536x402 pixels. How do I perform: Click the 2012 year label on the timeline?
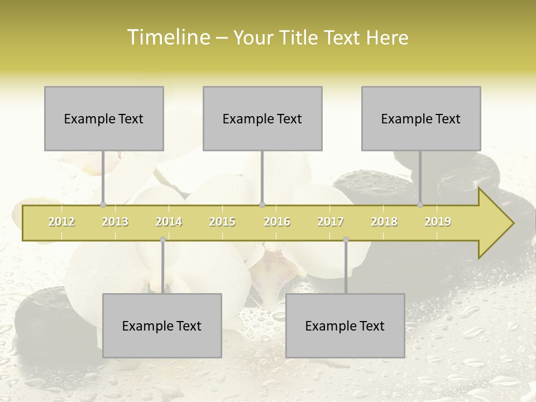tap(61, 222)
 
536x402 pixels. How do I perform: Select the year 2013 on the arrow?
tap(115, 222)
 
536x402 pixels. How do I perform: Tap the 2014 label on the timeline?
tap(169, 222)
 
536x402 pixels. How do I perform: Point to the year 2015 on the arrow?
tap(222, 222)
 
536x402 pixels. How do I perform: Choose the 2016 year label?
tap(277, 222)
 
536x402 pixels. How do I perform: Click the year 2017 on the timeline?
tap(331, 222)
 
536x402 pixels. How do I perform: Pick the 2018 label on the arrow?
tap(384, 222)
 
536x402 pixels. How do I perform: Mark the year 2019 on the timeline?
tap(438, 222)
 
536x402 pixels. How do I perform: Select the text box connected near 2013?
tap(104, 118)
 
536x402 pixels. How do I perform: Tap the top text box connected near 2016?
tap(262, 118)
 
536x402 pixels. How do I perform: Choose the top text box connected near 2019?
tap(421, 118)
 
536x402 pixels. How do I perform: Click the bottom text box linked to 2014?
tap(162, 326)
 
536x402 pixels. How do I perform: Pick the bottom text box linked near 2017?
tap(345, 326)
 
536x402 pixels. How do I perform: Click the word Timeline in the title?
tap(167, 37)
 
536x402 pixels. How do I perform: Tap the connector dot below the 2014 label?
tap(162, 240)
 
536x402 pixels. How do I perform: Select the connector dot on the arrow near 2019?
tap(420, 204)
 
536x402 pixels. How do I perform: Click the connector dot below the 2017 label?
tap(346, 240)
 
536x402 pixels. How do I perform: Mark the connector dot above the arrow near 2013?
tap(103, 204)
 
